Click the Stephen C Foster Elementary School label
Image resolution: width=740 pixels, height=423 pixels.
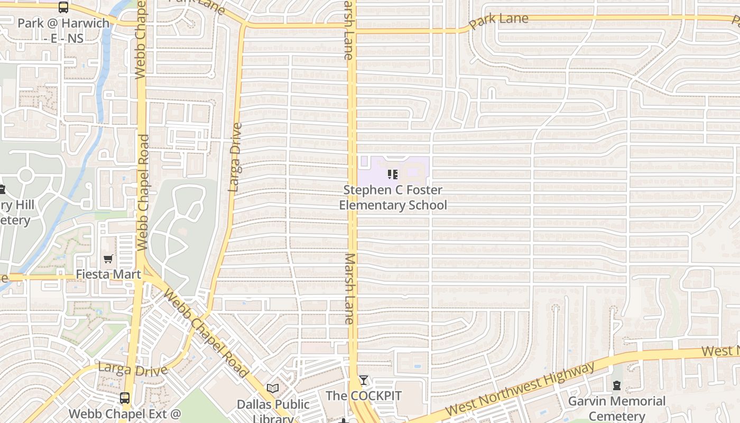[393, 197]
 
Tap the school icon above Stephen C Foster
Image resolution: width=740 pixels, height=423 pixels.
[393, 174]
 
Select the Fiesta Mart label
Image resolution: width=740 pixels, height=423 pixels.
[108, 274]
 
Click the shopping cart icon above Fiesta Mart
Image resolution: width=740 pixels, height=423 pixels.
[108, 259]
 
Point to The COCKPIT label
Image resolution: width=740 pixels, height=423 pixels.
[364, 396]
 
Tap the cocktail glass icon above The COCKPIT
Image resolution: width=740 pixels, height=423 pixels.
[364, 380]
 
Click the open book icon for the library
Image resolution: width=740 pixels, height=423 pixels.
[273, 389]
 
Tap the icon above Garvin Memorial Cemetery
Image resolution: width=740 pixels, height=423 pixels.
[617, 385]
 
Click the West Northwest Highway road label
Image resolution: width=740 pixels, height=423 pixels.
[520, 389]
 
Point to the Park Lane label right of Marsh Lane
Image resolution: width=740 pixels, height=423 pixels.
[498, 22]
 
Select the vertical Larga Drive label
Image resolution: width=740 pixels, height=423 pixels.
[235, 157]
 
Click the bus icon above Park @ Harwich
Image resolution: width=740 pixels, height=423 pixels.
[63, 7]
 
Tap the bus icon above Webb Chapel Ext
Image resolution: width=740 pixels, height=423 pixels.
[125, 398]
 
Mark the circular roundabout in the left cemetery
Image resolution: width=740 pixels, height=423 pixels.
[25, 176]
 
